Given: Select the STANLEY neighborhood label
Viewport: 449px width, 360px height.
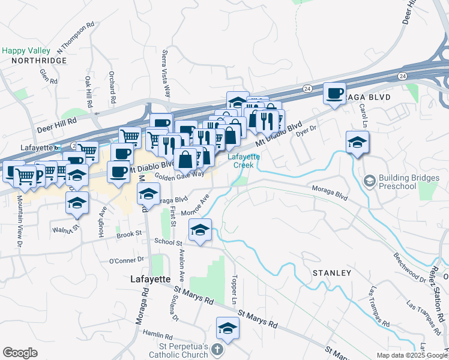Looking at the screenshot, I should point(331,273).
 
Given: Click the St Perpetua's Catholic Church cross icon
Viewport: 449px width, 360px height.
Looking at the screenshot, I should point(219,350).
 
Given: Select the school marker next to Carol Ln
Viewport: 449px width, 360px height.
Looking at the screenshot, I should point(357,142).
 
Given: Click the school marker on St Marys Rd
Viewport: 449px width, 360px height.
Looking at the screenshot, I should point(228,328).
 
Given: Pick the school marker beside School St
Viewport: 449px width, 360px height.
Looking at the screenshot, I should point(200,230).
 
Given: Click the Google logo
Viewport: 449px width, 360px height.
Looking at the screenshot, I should point(20,353).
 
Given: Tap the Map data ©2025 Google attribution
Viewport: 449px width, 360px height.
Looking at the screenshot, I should point(411,355).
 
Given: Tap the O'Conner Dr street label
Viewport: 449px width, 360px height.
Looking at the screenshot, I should point(127,260).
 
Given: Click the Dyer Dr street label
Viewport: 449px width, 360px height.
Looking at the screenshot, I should point(306,133).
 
